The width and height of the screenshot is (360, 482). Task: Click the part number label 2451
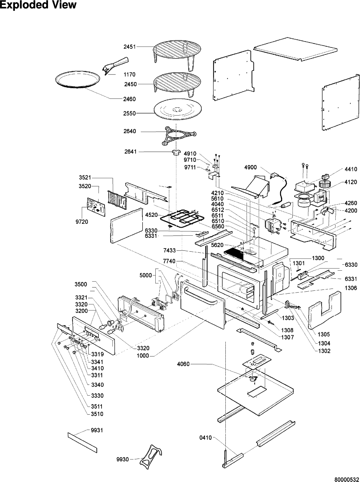pyautogui.click(x=129, y=47)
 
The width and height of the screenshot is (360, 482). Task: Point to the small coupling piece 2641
pyautogui.click(x=175, y=153)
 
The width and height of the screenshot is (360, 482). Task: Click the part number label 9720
pyautogui.click(x=82, y=222)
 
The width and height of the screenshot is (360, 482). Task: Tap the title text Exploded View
pyautogui.click(x=38, y=5)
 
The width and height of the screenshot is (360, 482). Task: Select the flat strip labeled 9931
pyautogui.click(x=82, y=441)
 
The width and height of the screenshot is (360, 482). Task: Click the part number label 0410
pyautogui.click(x=205, y=438)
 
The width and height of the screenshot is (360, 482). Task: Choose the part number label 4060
pyautogui.click(x=183, y=364)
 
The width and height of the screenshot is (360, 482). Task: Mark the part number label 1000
pyautogui.click(x=143, y=356)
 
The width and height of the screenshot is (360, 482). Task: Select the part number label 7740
pyautogui.click(x=169, y=261)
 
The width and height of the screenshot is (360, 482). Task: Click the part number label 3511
pyautogui.click(x=97, y=406)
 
